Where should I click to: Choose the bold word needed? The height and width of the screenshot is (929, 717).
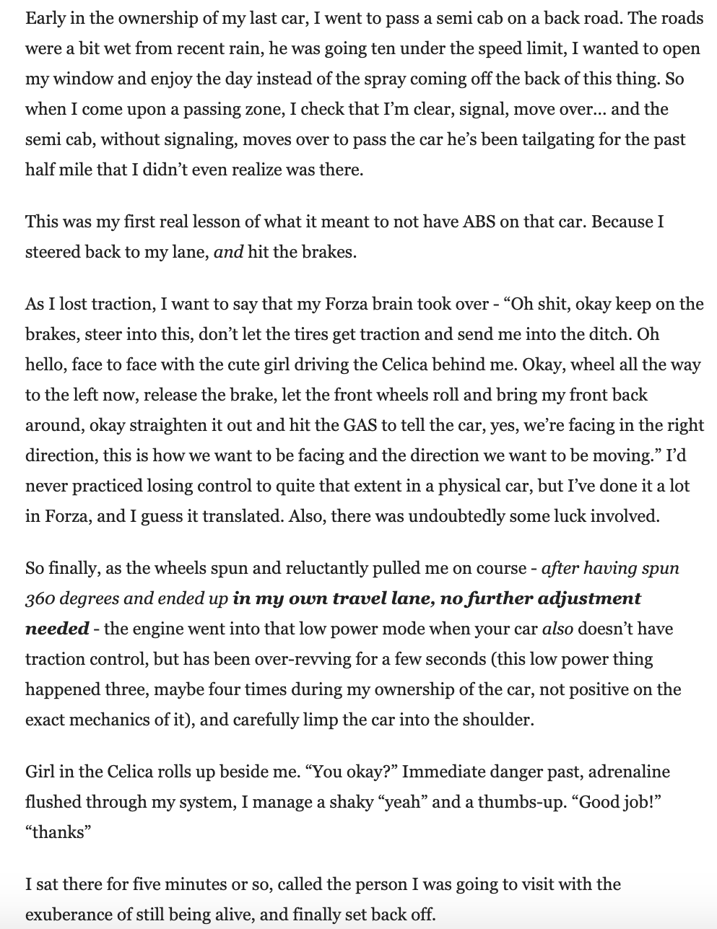(57, 629)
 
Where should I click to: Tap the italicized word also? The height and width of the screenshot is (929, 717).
(557, 629)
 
